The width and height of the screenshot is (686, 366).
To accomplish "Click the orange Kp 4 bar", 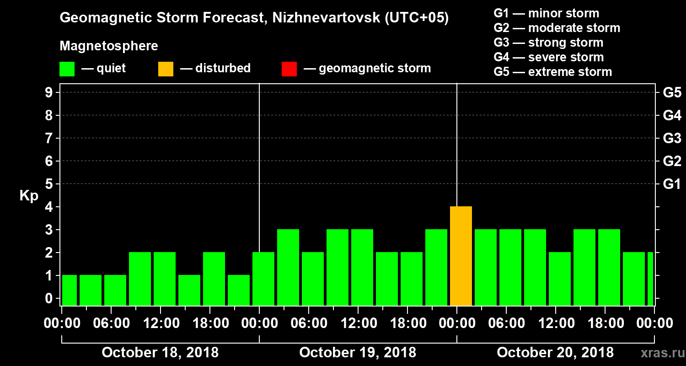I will (461, 256).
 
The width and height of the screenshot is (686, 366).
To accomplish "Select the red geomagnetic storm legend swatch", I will (289, 69).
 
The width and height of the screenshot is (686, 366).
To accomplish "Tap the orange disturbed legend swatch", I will (166, 69).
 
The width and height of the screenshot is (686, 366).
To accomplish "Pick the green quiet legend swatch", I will (67, 69).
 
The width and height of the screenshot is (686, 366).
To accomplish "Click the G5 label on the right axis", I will (672, 92).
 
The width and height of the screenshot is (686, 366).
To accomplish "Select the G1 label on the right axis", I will (672, 184).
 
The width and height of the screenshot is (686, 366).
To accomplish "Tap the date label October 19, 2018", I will (358, 352).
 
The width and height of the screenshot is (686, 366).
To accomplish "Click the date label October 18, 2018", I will (160, 352).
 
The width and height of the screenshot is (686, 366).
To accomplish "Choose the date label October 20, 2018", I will (555, 352).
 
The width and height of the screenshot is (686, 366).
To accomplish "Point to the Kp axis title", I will (29, 196).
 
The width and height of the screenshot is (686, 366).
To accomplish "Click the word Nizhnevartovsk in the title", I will (312, 18).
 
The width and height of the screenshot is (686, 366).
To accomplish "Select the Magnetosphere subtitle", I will (109, 46).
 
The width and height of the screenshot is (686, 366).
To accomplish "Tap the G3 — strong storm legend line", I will (548, 43).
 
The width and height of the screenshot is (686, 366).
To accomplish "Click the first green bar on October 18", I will (70, 291).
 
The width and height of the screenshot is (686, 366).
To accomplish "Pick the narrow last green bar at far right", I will (650, 279).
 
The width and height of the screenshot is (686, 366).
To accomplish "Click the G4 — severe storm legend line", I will (548, 57).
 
